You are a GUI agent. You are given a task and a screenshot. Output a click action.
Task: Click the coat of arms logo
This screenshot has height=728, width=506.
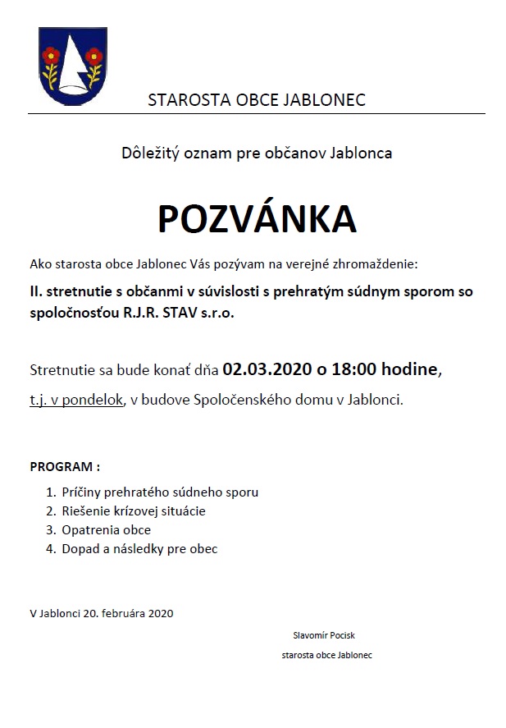pyautogui.click(x=72, y=69)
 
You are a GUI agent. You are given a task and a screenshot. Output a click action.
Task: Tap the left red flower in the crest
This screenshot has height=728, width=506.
pyautogui.click(x=53, y=56)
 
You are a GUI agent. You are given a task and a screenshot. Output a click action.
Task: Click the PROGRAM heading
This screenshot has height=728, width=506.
pyautogui.click(x=65, y=466)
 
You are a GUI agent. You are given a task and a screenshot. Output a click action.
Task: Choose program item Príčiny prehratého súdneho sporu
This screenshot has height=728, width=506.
pyautogui.click(x=160, y=492)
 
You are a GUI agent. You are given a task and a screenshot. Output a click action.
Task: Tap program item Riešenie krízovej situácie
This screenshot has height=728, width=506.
pyautogui.click(x=134, y=511)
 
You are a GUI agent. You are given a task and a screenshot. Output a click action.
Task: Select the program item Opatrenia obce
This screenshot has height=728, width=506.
pyautogui.click(x=106, y=529)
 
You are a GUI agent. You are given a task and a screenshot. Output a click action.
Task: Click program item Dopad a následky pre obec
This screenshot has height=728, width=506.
pyautogui.click(x=139, y=548)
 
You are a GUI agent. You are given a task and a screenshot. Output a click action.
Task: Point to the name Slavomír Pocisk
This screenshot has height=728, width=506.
pyautogui.click(x=323, y=635)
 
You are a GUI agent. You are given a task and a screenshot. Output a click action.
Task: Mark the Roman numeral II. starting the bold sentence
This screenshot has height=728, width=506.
pyautogui.click(x=36, y=291)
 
